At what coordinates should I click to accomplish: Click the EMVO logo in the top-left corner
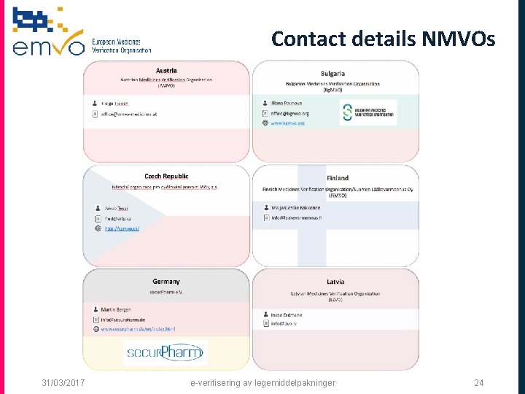coord(80,33)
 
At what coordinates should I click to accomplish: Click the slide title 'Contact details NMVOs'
coord(383,39)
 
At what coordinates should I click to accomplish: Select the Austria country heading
coord(166,70)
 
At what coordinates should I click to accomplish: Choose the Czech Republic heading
coord(166,176)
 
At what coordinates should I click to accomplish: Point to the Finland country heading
coord(338,178)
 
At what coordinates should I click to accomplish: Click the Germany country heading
coord(166,282)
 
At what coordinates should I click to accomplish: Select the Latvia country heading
coord(336,282)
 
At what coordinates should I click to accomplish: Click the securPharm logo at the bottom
coord(165,353)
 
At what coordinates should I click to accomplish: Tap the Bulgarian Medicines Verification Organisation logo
coord(368,112)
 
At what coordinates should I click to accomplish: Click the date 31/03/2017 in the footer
coord(63,382)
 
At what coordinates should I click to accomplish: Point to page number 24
coord(479,382)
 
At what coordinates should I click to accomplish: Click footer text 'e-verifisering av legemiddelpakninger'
coord(262,382)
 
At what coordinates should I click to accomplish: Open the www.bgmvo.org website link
coord(287,123)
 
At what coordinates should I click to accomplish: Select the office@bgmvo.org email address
coord(289,113)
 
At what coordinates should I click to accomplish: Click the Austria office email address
coord(129,115)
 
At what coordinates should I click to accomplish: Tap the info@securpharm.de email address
coord(123,320)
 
